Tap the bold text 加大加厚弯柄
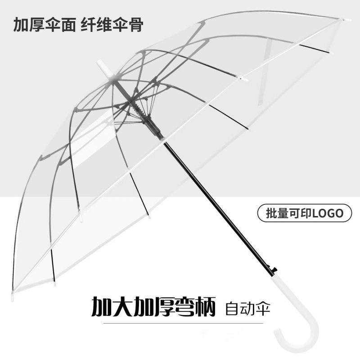[x=153, y=307]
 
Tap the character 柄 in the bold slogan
[x=202, y=307]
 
